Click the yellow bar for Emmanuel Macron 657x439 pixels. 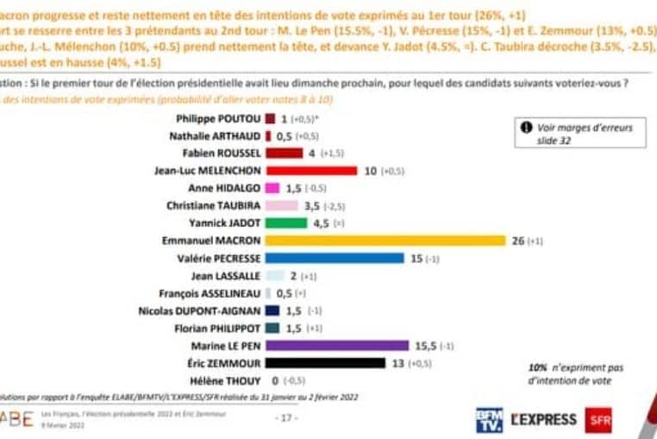click(x=385, y=240)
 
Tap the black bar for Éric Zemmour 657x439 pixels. click(x=325, y=362)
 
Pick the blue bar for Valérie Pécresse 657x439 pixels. click(x=334, y=257)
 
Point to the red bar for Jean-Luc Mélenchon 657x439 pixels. click(x=310, y=170)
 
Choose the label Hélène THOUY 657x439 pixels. click(x=225, y=380)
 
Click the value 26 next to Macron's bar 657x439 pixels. click(x=518, y=240)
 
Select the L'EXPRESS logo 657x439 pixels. click(x=543, y=420)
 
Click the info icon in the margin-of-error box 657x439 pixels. click(x=527, y=128)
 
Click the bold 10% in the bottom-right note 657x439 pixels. click(x=536, y=367)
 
